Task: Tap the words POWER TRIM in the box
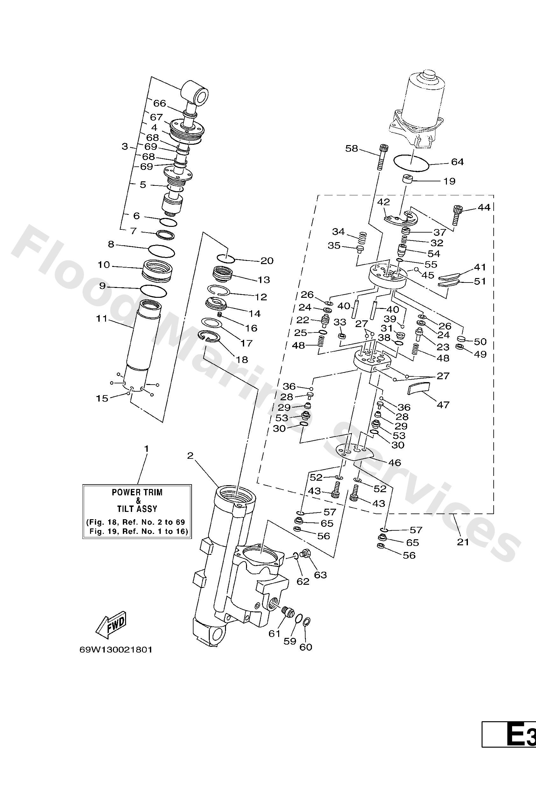(137, 492)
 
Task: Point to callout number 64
(457, 162)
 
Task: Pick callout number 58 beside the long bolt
(352, 148)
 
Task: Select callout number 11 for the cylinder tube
(102, 318)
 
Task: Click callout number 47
(443, 405)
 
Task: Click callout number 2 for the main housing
(190, 456)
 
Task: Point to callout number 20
(267, 261)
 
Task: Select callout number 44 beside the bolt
(484, 207)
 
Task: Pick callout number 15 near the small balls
(102, 398)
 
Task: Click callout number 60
(306, 647)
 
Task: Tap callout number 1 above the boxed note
(147, 449)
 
